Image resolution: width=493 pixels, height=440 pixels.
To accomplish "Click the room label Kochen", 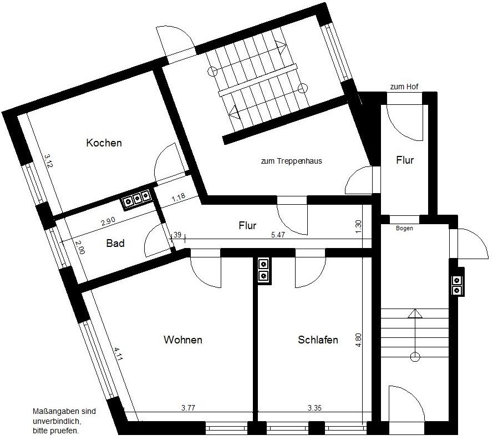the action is pos(104,143).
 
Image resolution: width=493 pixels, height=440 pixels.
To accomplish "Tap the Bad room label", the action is pos(115,243).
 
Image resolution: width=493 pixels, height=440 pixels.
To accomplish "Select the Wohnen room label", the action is pos(182,340).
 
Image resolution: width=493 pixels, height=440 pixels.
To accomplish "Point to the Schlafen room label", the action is pos(318,340).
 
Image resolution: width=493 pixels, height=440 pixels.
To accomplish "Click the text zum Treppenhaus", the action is pos(291,161).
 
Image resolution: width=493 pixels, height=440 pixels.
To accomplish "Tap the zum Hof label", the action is pos(404,87).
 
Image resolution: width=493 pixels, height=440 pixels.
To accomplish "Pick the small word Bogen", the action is pos(404,228).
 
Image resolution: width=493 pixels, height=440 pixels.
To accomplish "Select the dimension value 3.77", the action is pos(188,408).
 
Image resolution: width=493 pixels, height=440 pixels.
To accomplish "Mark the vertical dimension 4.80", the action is pos(359,340).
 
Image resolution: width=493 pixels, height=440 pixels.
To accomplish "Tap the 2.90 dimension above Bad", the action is pos(108,221).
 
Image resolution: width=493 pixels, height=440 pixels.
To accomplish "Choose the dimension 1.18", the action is pos(178,198).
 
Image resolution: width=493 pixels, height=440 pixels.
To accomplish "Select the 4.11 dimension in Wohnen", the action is pos(117,353).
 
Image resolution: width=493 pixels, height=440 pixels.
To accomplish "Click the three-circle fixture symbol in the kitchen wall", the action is pos(136,197).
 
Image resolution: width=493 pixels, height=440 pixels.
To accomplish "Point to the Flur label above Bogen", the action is pos(405,160).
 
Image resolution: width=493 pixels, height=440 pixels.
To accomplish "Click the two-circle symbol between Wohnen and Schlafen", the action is pos(263,270).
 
